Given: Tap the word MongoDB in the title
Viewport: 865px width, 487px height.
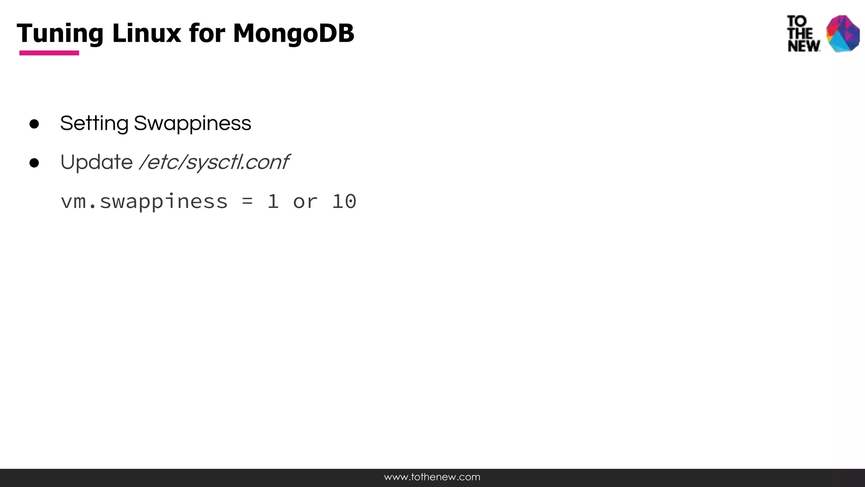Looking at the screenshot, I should click(294, 33).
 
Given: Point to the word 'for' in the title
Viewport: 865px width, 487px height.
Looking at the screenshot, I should click(207, 33).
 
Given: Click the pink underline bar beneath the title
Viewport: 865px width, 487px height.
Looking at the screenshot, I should click(49, 53).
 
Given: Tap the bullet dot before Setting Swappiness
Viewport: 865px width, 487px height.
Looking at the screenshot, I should click(34, 124).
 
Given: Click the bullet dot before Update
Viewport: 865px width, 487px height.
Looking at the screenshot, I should click(34, 163).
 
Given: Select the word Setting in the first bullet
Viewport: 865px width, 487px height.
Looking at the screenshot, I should click(94, 124).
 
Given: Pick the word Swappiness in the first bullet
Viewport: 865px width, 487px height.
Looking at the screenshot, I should click(192, 124).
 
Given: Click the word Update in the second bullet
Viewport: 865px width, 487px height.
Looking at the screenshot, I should click(96, 162).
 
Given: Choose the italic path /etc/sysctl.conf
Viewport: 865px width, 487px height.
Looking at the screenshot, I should click(214, 162).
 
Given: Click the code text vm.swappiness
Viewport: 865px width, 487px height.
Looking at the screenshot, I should click(144, 202).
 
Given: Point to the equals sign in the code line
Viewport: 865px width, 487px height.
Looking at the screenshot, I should click(248, 202).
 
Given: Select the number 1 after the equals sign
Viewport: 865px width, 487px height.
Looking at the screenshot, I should click(273, 202).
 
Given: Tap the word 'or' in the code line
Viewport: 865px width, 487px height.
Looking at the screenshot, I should click(305, 202).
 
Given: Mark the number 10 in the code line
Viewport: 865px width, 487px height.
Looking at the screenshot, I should click(344, 202).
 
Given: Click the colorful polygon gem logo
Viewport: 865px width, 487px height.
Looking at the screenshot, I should click(843, 33).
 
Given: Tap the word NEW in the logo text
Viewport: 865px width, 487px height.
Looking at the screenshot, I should click(804, 46).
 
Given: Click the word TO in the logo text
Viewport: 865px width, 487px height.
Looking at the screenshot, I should click(797, 21).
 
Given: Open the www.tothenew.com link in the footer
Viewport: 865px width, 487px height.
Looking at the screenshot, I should click(432, 477).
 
